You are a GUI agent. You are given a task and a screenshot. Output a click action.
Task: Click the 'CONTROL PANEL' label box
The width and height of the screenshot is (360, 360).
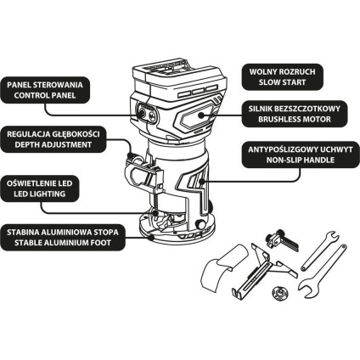[45, 90]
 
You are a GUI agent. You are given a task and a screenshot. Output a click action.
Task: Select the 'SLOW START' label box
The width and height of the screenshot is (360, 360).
[282, 77]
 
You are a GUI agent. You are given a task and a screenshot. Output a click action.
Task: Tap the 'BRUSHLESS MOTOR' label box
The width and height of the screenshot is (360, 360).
[295, 114]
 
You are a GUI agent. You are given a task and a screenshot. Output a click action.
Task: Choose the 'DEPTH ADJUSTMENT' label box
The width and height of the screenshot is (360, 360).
[53, 139]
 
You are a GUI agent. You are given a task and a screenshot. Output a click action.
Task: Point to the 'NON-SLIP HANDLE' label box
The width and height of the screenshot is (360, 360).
[301, 155]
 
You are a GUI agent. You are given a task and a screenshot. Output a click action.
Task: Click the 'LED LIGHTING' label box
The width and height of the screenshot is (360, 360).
[40, 188]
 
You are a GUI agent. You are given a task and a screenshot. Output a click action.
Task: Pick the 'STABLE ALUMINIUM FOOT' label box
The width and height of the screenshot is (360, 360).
[63, 238]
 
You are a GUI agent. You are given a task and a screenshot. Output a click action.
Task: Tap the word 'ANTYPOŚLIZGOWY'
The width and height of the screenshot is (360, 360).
[279, 149]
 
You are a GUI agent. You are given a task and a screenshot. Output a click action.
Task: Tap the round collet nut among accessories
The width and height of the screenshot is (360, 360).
[278, 292]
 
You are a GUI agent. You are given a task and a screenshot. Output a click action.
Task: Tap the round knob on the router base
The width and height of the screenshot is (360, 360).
[201, 224]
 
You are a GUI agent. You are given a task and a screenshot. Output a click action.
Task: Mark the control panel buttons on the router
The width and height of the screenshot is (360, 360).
[146, 114]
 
